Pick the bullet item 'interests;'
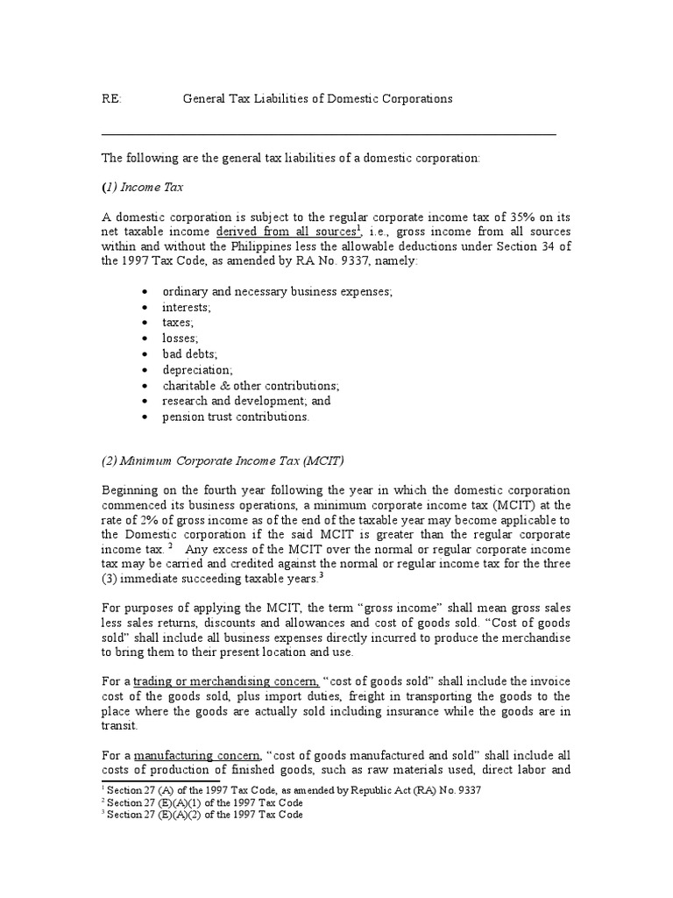pyautogui.click(x=186, y=308)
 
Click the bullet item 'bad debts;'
pyautogui.click(x=189, y=354)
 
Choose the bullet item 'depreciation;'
pyautogui.click(x=197, y=370)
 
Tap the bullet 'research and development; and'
pyautogui.click(x=246, y=401)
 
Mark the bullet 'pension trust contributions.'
pyautogui.click(x=236, y=417)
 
